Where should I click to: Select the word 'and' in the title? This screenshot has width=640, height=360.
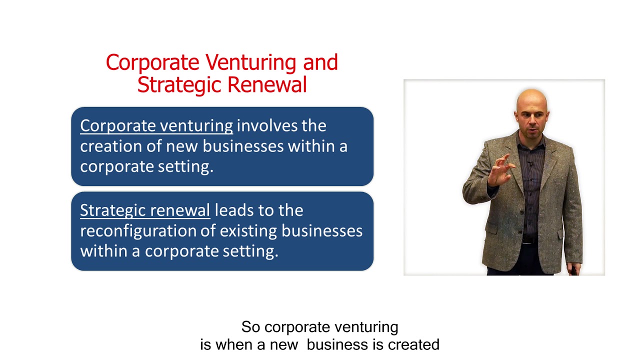[320, 63]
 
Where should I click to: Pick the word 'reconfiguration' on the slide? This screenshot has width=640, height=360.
[142, 230]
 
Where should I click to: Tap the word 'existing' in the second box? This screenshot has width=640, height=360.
[248, 231]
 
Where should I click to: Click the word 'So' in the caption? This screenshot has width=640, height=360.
[251, 327]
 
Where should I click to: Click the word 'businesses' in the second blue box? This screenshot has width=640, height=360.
[322, 230]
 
